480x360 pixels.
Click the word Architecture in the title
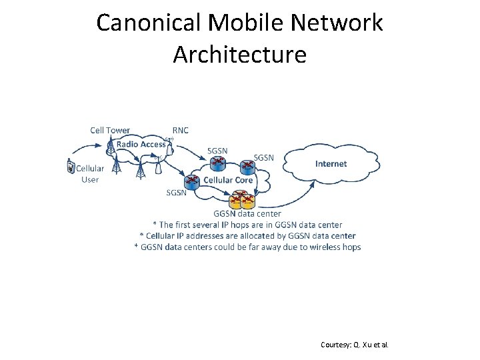click(x=239, y=54)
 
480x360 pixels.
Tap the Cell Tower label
click(x=110, y=130)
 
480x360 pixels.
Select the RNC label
click(x=180, y=130)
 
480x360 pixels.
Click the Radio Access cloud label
click(x=141, y=144)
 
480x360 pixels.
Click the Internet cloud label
click(x=331, y=163)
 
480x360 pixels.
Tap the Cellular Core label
click(x=228, y=180)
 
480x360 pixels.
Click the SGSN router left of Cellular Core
click(x=191, y=181)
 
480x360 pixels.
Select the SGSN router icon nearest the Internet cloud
click(x=247, y=165)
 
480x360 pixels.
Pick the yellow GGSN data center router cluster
click(x=242, y=199)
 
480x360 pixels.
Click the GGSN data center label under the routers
click(x=247, y=214)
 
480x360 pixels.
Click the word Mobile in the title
click(x=238, y=23)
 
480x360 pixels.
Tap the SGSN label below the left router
click(x=176, y=192)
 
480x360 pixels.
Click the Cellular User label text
click(x=90, y=174)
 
